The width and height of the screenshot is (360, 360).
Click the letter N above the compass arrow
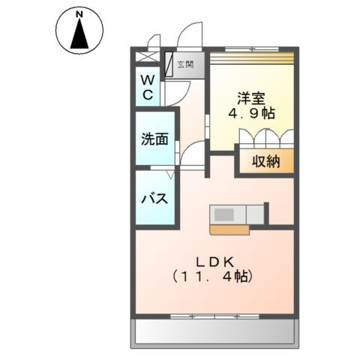pos(79,15)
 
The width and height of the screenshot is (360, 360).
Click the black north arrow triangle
pos(79,34)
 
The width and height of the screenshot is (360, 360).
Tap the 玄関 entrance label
pos(185,64)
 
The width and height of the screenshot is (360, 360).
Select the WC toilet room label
pos(148,87)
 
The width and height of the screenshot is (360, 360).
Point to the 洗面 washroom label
pos(154,139)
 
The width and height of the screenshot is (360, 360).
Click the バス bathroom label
pos(154,199)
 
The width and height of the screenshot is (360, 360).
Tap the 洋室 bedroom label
pos(251,98)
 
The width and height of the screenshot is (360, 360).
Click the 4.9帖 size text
pos(251,113)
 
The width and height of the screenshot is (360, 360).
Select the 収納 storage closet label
pos(265,161)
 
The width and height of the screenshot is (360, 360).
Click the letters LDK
pos(214,262)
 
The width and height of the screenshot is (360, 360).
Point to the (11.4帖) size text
pos(212,277)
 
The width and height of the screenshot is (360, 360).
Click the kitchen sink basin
pos(224,214)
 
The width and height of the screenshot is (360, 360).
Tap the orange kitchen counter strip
pos(229,230)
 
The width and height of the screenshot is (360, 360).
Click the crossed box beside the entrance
pos(147,57)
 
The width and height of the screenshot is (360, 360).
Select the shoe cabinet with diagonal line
pos(169,64)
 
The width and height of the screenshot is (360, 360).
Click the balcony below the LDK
pos(214,331)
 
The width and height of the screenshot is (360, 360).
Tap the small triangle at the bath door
pos(171,175)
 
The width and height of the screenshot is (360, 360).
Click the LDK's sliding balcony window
pos(214,316)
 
